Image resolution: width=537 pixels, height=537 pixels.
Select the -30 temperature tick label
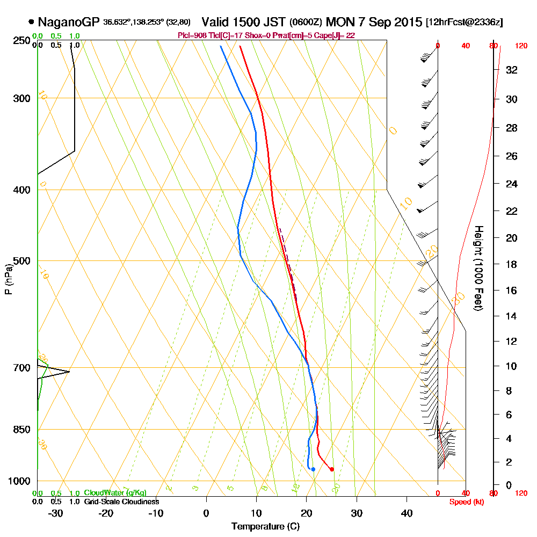[x=55, y=513]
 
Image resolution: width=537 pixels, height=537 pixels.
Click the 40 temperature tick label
[x=407, y=513]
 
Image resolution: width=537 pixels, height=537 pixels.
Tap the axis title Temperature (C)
[x=265, y=527]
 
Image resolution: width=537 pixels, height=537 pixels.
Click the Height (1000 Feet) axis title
[x=477, y=268]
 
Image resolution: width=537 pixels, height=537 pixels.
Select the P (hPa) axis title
[x=8, y=279]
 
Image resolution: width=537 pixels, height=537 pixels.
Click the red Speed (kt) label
[x=465, y=502]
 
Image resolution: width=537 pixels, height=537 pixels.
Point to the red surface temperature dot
[x=331, y=469]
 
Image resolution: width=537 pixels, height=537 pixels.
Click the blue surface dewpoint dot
[x=313, y=469]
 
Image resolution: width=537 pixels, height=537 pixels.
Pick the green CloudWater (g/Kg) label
[x=115, y=493]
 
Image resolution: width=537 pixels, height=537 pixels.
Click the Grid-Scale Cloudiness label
[x=121, y=502]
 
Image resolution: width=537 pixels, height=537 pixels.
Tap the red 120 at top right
[x=521, y=46]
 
